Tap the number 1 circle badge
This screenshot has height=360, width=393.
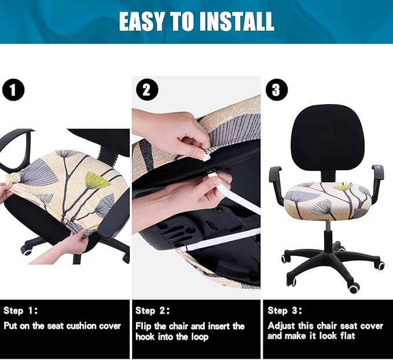[x=13, y=90]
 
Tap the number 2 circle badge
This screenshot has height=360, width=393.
[x=145, y=90]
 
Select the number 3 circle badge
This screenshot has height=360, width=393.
[x=276, y=90]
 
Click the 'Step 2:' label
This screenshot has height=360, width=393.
[x=153, y=311]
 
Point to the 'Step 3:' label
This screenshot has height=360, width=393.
[x=285, y=311]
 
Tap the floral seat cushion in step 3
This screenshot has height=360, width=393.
[x=328, y=200]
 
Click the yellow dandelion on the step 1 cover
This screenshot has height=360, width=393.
[x=98, y=181]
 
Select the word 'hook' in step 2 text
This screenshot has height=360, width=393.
[x=145, y=336]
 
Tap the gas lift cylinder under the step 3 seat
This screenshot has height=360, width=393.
[x=328, y=237]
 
